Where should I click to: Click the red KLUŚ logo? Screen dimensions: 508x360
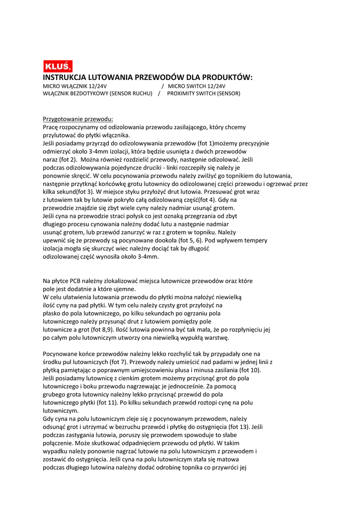(58, 66)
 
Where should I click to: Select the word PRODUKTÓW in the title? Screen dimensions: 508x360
(226, 77)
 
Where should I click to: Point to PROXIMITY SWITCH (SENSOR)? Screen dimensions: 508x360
(204, 93)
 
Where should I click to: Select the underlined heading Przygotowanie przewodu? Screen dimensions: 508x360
(78, 119)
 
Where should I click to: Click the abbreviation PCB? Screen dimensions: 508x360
(79, 281)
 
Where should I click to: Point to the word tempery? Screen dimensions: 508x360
(256, 240)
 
